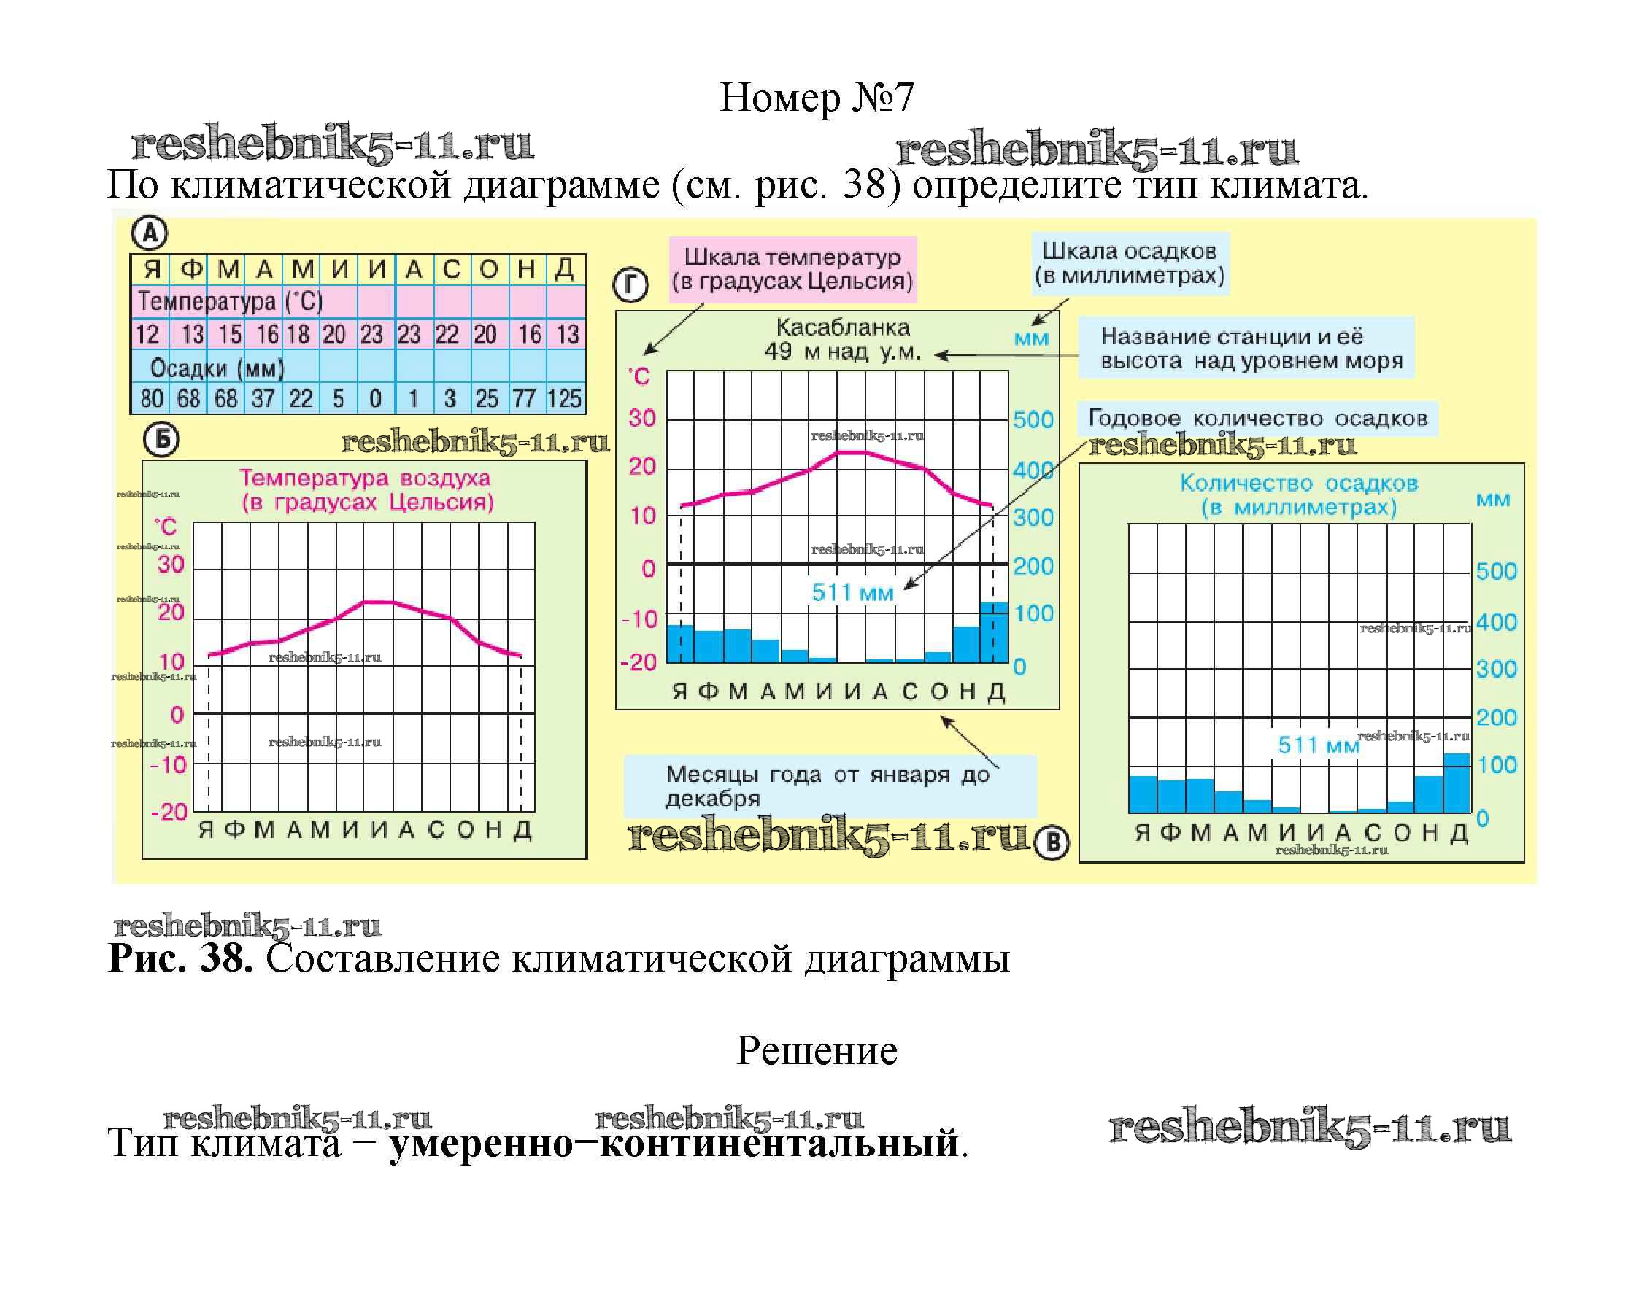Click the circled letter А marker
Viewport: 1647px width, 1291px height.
pos(150,233)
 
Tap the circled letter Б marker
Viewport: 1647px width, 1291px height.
pos(161,440)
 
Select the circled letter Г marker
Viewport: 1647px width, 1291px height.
pos(630,286)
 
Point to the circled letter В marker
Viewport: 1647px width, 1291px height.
pos(1051,842)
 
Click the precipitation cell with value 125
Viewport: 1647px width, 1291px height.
pos(565,398)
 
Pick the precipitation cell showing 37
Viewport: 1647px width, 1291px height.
pos(263,398)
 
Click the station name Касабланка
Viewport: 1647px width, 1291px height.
pos(842,328)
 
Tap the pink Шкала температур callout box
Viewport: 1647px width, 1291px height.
pos(792,269)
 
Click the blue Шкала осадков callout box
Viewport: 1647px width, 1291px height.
pos(1130,263)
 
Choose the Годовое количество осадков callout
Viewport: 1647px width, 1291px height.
pos(1257,418)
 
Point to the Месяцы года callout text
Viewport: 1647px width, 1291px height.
pos(828,786)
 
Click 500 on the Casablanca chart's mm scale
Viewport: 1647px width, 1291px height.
pos(1033,419)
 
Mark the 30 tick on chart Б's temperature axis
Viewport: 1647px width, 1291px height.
pos(171,564)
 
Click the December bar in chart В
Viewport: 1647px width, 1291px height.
pos(1457,783)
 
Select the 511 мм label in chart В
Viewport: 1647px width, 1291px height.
pos(1318,745)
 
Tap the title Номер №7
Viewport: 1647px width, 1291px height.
pos(817,98)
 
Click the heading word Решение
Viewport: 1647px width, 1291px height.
pos(817,1050)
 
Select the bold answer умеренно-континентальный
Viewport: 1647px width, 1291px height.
pos(674,1142)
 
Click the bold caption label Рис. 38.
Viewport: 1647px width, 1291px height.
pos(181,958)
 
